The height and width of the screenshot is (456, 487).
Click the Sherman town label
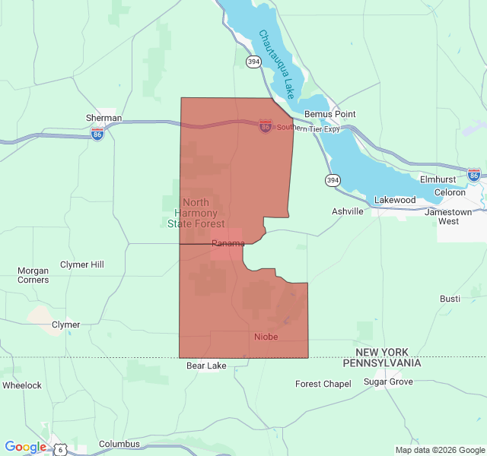click(x=103, y=118)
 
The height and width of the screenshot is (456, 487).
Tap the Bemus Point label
click(x=329, y=114)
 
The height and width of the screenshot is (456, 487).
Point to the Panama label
click(x=228, y=243)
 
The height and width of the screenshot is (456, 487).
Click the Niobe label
click(x=266, y=337)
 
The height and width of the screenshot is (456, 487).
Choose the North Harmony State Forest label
click(x=196, y=213)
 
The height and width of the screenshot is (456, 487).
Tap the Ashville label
click(x=348, y=211)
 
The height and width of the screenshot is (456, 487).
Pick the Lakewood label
click(x=395, y=201)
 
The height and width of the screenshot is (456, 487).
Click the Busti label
click(x=450, y=299)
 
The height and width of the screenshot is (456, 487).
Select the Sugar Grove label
click(x=388, y=382)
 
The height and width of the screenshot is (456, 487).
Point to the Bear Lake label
click(x=206, y=366)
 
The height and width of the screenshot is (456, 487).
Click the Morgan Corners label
click(x=33, y=275)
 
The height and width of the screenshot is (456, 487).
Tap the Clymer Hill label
click(x=83, y=264)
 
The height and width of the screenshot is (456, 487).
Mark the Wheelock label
click(x=22, y=385)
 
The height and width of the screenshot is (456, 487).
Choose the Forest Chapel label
click(x=323, y=384)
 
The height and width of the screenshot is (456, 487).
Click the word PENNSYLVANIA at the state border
click(x=382, y=363)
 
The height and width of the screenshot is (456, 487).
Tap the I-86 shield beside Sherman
click(x=97, y=134)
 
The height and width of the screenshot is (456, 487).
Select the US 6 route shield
click(x=59, y=449)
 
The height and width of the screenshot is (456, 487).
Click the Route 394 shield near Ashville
click(x=332, y=180)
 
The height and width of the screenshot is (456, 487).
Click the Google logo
click(x=25, y=447)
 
